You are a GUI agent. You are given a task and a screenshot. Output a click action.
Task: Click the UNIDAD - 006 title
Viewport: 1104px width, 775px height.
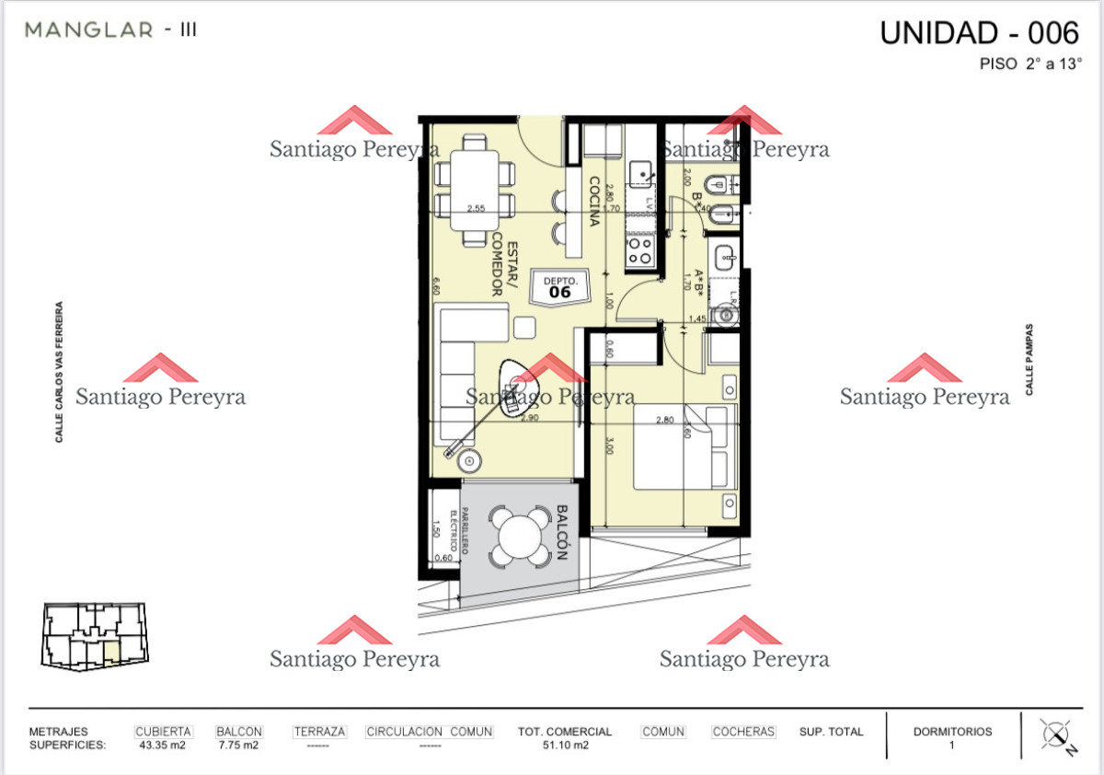pyautogui.click(x=979, y=33)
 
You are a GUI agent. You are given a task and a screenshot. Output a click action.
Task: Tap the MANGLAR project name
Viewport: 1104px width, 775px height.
pyautogui.click(x=89, y=29)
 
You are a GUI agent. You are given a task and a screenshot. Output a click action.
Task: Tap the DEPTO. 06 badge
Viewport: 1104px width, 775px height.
pyautogui.click(x=559, y=286)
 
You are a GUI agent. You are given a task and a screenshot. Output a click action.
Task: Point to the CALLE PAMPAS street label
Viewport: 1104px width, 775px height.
pyautogui.click(x=1029, y=359)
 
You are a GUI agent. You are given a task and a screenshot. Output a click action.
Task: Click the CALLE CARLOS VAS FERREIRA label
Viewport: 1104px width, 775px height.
pyautogui.click(x=60, y=372)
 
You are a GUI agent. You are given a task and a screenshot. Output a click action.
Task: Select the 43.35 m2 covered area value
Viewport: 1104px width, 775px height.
pyautogui.click(x=162, y=746)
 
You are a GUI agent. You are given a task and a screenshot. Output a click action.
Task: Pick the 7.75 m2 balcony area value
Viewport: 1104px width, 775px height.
pyautogui.click(x=237, y=746)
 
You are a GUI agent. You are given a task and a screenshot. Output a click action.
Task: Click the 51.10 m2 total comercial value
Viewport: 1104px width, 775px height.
pyautogui.click(x=565, y=746)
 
